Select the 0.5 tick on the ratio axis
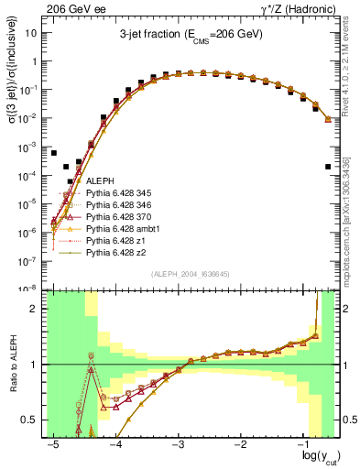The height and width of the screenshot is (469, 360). point(34,420)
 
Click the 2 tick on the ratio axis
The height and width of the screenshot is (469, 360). point(38,309)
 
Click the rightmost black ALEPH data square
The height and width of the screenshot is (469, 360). point(328,167)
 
